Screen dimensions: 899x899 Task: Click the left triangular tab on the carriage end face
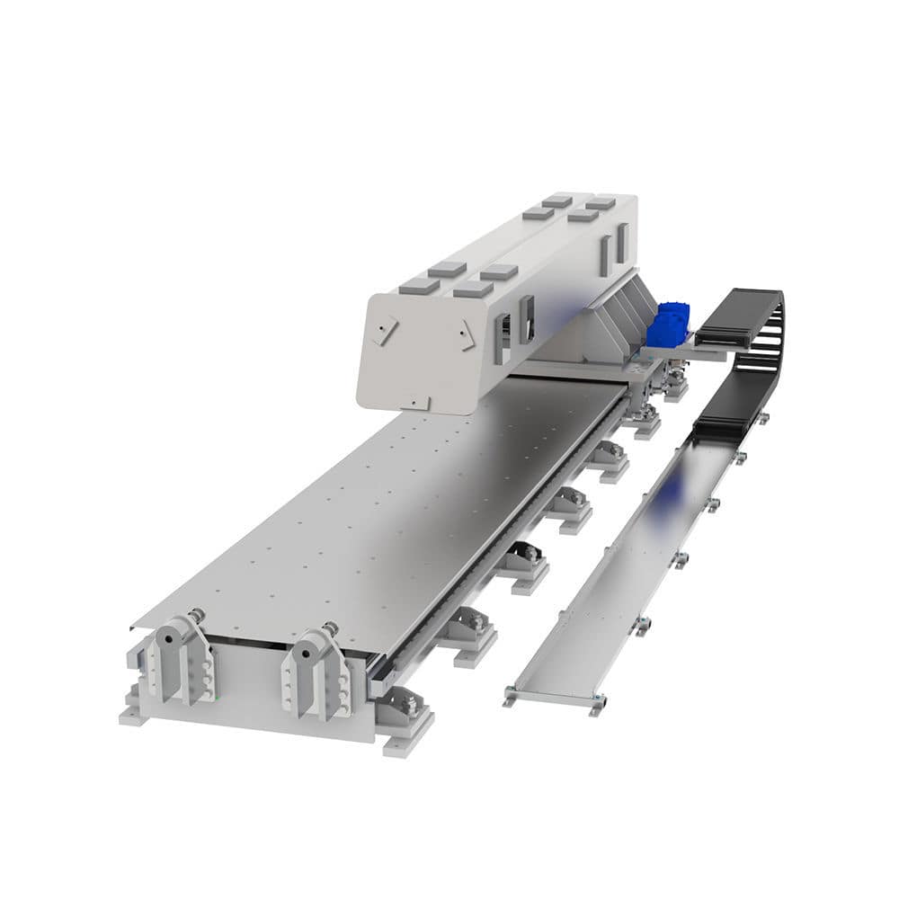[x=385, y=330]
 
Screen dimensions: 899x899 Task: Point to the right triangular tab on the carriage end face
[x=464, y=336]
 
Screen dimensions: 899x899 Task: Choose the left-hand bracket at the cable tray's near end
[x=510, y=693]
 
